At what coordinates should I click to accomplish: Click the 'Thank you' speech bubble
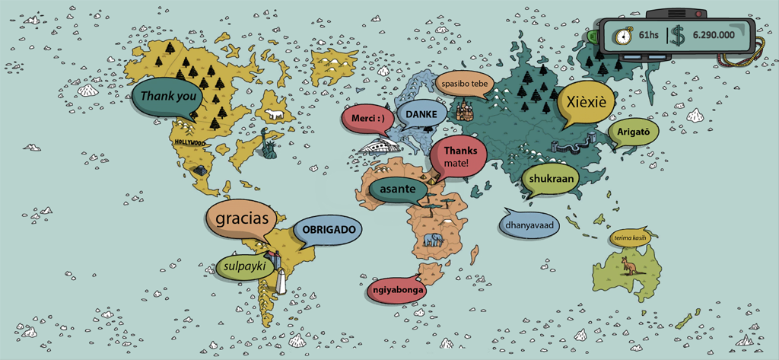168,97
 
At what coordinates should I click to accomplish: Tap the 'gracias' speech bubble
242,218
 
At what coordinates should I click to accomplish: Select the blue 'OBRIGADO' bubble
328,229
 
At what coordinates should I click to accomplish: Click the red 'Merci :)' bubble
372,118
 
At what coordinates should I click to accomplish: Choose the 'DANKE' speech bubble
421,114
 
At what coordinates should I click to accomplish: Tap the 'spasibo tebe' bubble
464,83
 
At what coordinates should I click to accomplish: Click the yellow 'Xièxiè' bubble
585,104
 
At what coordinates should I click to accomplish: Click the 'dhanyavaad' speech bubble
529,225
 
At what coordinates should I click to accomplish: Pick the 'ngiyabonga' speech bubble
397,290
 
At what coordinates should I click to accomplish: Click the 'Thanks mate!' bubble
458,157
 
